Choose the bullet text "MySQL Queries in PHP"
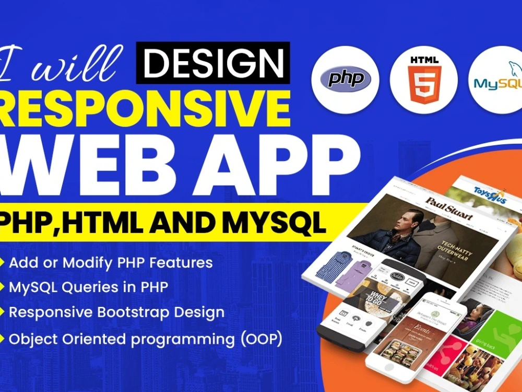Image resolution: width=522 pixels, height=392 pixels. [x=88, y=287]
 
